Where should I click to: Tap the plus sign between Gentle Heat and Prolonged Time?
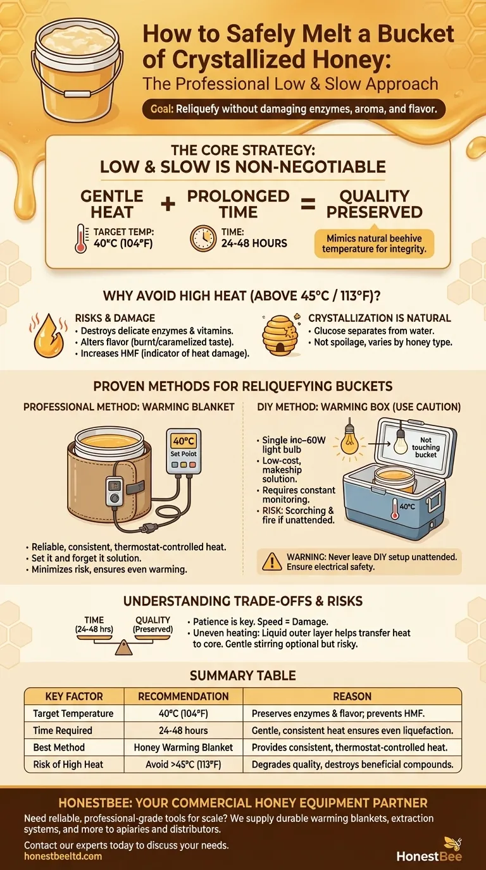coord(168,204)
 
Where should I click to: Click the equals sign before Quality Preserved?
coord(308,204)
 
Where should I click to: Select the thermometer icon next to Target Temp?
coord(81,238)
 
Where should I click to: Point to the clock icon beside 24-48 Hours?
coord(203,238)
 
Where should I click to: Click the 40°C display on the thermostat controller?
coord(184,441)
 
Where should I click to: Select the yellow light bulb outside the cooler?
coord(349,441)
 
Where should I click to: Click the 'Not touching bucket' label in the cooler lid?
coord(426,447)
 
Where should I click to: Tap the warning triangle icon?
coord(271,561)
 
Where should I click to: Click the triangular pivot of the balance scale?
coord(123,648)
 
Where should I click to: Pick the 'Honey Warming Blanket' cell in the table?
coord(183,747)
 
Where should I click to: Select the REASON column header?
coord(352,696)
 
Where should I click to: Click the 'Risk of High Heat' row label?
coord(68,764)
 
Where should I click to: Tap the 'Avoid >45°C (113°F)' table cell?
coord(183,764)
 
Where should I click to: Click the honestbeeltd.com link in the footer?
coord(63,856)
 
